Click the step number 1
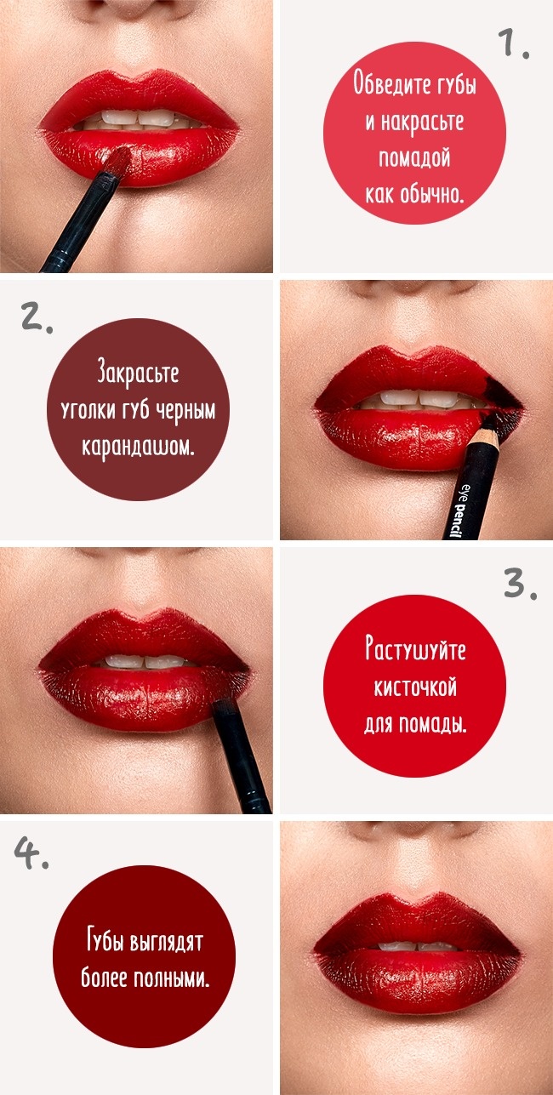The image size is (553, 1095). point(512,43)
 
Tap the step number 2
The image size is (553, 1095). point(37,317)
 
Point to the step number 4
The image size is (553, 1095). point(31,853)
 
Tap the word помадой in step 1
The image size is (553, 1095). point(414,158)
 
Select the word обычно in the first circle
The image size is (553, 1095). point(431,194)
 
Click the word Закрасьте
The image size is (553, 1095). point(138,374)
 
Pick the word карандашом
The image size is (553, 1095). point(138,446)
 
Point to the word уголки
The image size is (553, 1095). point(88,411)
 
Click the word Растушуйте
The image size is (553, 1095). point(415,650)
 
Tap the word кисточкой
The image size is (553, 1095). point(415,687)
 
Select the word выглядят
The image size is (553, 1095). point(167,943)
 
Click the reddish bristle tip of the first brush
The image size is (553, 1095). point(119,159)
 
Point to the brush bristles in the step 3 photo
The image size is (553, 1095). point(222,706)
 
